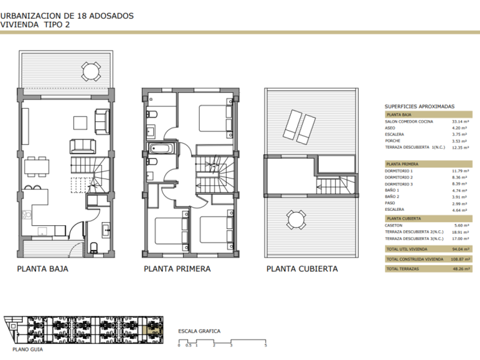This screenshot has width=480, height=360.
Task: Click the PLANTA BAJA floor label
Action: (x=42, y=269)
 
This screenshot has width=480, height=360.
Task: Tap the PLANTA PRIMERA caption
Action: (x=177, y=269)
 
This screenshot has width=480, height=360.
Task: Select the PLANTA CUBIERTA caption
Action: (x=302, y=269)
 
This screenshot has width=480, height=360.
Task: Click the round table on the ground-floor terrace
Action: (x=91, y=71)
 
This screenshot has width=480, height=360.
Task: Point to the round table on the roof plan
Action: (x=296, y=219)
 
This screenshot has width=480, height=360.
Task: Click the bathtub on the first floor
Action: (x=161, y=149)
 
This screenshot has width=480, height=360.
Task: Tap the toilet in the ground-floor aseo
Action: (x=94, y=247)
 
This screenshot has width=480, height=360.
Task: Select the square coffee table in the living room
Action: (x=80, y=123)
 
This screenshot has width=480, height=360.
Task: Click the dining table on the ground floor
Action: (x=37, y=167)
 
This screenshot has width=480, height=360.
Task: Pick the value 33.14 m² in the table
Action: (x=461, y=122)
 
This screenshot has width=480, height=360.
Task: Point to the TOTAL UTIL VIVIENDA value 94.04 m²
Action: (x=461, y=249)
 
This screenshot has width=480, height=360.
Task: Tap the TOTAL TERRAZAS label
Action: (x=402, y=269)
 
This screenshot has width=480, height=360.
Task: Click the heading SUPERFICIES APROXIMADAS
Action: (x=419, y=106)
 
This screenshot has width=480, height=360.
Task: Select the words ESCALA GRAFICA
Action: (x=199, y=331)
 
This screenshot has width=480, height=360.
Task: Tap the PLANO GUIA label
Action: (x=27, y=349)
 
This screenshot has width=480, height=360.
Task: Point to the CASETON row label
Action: (x=394, y=225)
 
